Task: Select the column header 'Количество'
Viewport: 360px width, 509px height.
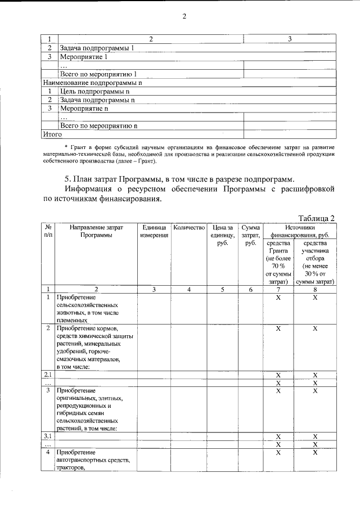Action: point(189,228)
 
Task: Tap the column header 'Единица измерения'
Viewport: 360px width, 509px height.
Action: point(154,232)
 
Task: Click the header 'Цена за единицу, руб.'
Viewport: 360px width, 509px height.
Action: point(222,236)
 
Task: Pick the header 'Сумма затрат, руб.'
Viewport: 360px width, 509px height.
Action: point(250,236)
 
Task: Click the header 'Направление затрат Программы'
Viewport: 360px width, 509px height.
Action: point(96,232)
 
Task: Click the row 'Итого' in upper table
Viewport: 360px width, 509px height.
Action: point(52,134)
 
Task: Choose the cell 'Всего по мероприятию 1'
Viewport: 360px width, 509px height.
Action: point(98,74)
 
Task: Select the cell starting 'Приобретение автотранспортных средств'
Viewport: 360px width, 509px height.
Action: point(96,460)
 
